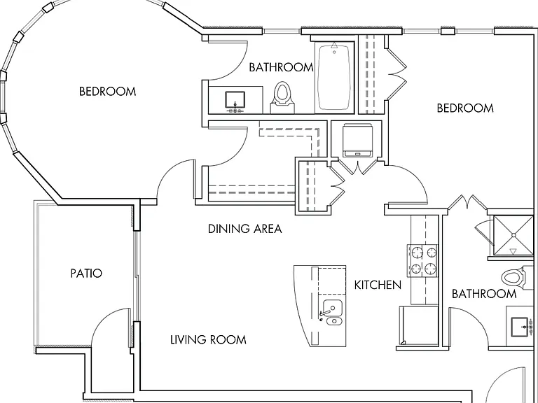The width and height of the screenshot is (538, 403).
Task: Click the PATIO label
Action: coord(86,273)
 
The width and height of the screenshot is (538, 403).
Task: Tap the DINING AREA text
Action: coord(245,229)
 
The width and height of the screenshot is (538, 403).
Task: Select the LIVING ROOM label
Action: coord(208,339)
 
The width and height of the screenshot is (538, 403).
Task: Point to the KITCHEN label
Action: coord(378,285)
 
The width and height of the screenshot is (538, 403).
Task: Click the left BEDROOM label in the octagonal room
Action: coord(107,91)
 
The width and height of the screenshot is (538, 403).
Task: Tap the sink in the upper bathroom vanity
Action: coord(235,100)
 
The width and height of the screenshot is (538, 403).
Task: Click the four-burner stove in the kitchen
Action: coord(422,260)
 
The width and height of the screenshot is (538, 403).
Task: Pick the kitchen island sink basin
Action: coord(333,308)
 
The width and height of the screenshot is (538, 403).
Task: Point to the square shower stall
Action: coord(513,235)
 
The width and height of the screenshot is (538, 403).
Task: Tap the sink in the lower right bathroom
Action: coord(520,327)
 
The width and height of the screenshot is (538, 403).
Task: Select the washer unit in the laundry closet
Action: coord(357,140)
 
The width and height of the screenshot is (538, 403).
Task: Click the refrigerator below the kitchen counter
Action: coord(419,325)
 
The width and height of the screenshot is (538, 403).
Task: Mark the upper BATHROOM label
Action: coord(281,67)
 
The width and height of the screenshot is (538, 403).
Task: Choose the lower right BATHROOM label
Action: coord(484,294)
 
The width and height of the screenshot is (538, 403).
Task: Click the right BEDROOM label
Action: coord(465,108)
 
